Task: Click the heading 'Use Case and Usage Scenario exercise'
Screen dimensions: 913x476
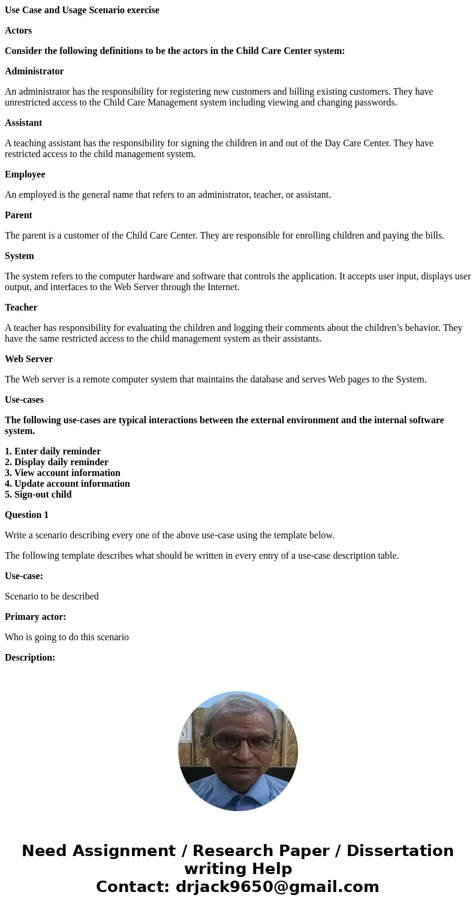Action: tap(82, 10)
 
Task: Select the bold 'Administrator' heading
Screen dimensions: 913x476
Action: tap(34, 71)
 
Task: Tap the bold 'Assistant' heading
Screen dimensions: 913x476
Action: tap(23, 123)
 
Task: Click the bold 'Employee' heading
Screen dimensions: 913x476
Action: tap(25, 174)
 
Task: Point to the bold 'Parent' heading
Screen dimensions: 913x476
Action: tap(19, 215)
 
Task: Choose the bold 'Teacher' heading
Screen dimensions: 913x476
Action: tap(21, 308)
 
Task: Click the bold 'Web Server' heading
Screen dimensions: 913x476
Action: tap(29, 359)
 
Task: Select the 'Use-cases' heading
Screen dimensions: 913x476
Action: tap(24, 400)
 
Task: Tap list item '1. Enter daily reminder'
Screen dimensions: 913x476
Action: tap(53, 451)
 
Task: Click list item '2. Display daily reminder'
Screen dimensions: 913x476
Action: tap(56, 462)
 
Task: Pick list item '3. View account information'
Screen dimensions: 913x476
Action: tap(62, 473)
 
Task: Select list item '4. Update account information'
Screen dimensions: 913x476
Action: tap(67, 484)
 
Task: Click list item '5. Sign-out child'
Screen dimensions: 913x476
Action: tap(38, 495)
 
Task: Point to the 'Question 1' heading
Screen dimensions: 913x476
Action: tap(27, 515)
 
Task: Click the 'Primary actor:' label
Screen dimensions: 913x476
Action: tap(35, 617)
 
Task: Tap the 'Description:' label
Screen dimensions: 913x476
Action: tap(30, 658)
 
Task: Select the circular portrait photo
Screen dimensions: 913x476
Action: tap(238, 751)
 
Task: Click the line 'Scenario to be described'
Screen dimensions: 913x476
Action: tap(52, 596)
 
